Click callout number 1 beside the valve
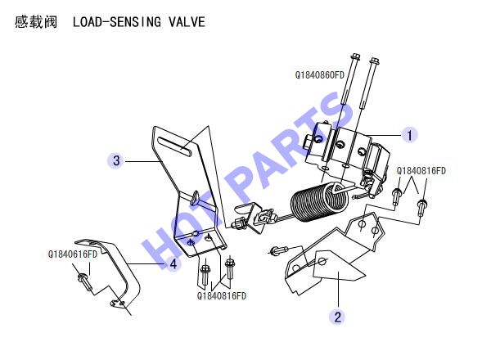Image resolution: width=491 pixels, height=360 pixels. click(x=409, y=135)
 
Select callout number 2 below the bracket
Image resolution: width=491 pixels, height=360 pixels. click(x=337, y=317)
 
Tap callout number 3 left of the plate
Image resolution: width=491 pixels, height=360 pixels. click(x=116, y=160)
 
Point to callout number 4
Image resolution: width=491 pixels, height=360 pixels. click(x=173, y=264)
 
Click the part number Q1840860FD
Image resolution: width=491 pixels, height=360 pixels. click(x=319, y=75)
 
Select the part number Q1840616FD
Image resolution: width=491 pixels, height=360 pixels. click(x=73, y=254)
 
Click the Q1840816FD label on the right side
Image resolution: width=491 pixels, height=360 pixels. click(x=421, y=171)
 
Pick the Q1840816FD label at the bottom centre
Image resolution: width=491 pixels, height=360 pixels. click(x=222, y=296)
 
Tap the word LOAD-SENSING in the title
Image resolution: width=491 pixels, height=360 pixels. click(x=117, y=22)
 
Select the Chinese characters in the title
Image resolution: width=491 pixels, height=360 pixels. click(x=36, y=22)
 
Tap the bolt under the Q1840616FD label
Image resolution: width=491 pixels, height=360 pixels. click(x=84, y=281)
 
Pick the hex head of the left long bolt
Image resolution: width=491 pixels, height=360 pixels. click(x=355, y=56)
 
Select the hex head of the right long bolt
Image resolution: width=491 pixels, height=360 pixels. click(x=375, y=61)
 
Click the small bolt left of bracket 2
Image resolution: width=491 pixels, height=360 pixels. click(x=279, y=250)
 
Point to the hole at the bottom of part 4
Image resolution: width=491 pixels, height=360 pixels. click(x=118, y=304)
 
